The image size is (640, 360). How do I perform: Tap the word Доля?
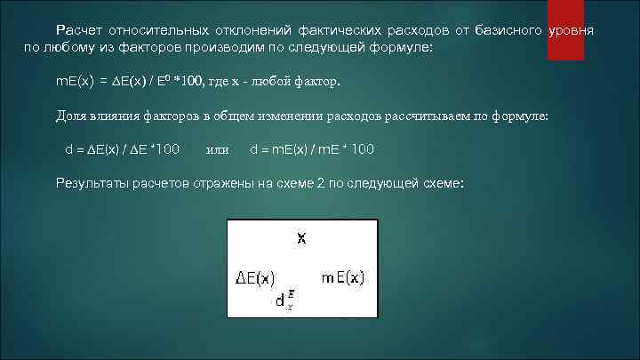(x=70, y=116)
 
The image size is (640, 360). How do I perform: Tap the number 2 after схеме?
(x=322, y=183)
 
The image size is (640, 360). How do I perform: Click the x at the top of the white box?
(x=302, y=237)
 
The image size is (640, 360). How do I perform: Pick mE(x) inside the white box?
(x=343, y=277)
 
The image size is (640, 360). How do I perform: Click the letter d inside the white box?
(x=279, y=301)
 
